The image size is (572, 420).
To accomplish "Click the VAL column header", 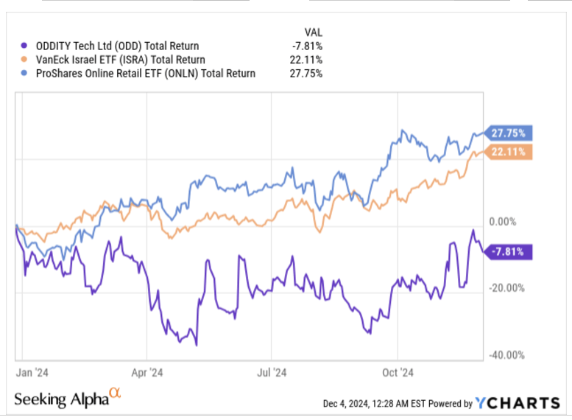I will (312, 32).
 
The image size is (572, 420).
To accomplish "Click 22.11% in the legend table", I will (307, 60).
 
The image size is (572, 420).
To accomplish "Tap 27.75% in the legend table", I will (307, 73).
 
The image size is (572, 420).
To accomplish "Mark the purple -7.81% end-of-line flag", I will (507, 252).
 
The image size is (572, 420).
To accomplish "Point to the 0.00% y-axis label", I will (506, 222).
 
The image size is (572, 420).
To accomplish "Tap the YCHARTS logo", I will (518, 403).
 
